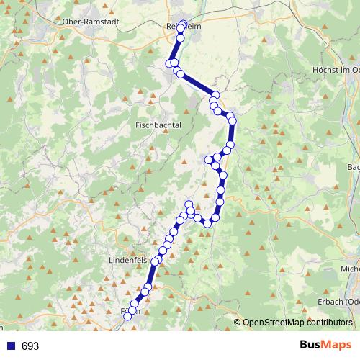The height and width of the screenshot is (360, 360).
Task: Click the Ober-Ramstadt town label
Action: pos(91,22)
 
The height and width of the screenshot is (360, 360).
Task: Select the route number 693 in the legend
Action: pos(30,346)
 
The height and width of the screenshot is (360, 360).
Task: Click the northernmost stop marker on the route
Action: pos(182,24)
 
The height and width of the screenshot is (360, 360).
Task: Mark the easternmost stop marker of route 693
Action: pos(232,121)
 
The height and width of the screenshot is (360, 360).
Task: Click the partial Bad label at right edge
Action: pos(354,167)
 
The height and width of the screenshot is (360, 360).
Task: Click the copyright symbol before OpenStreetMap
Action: pos(238,323)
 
